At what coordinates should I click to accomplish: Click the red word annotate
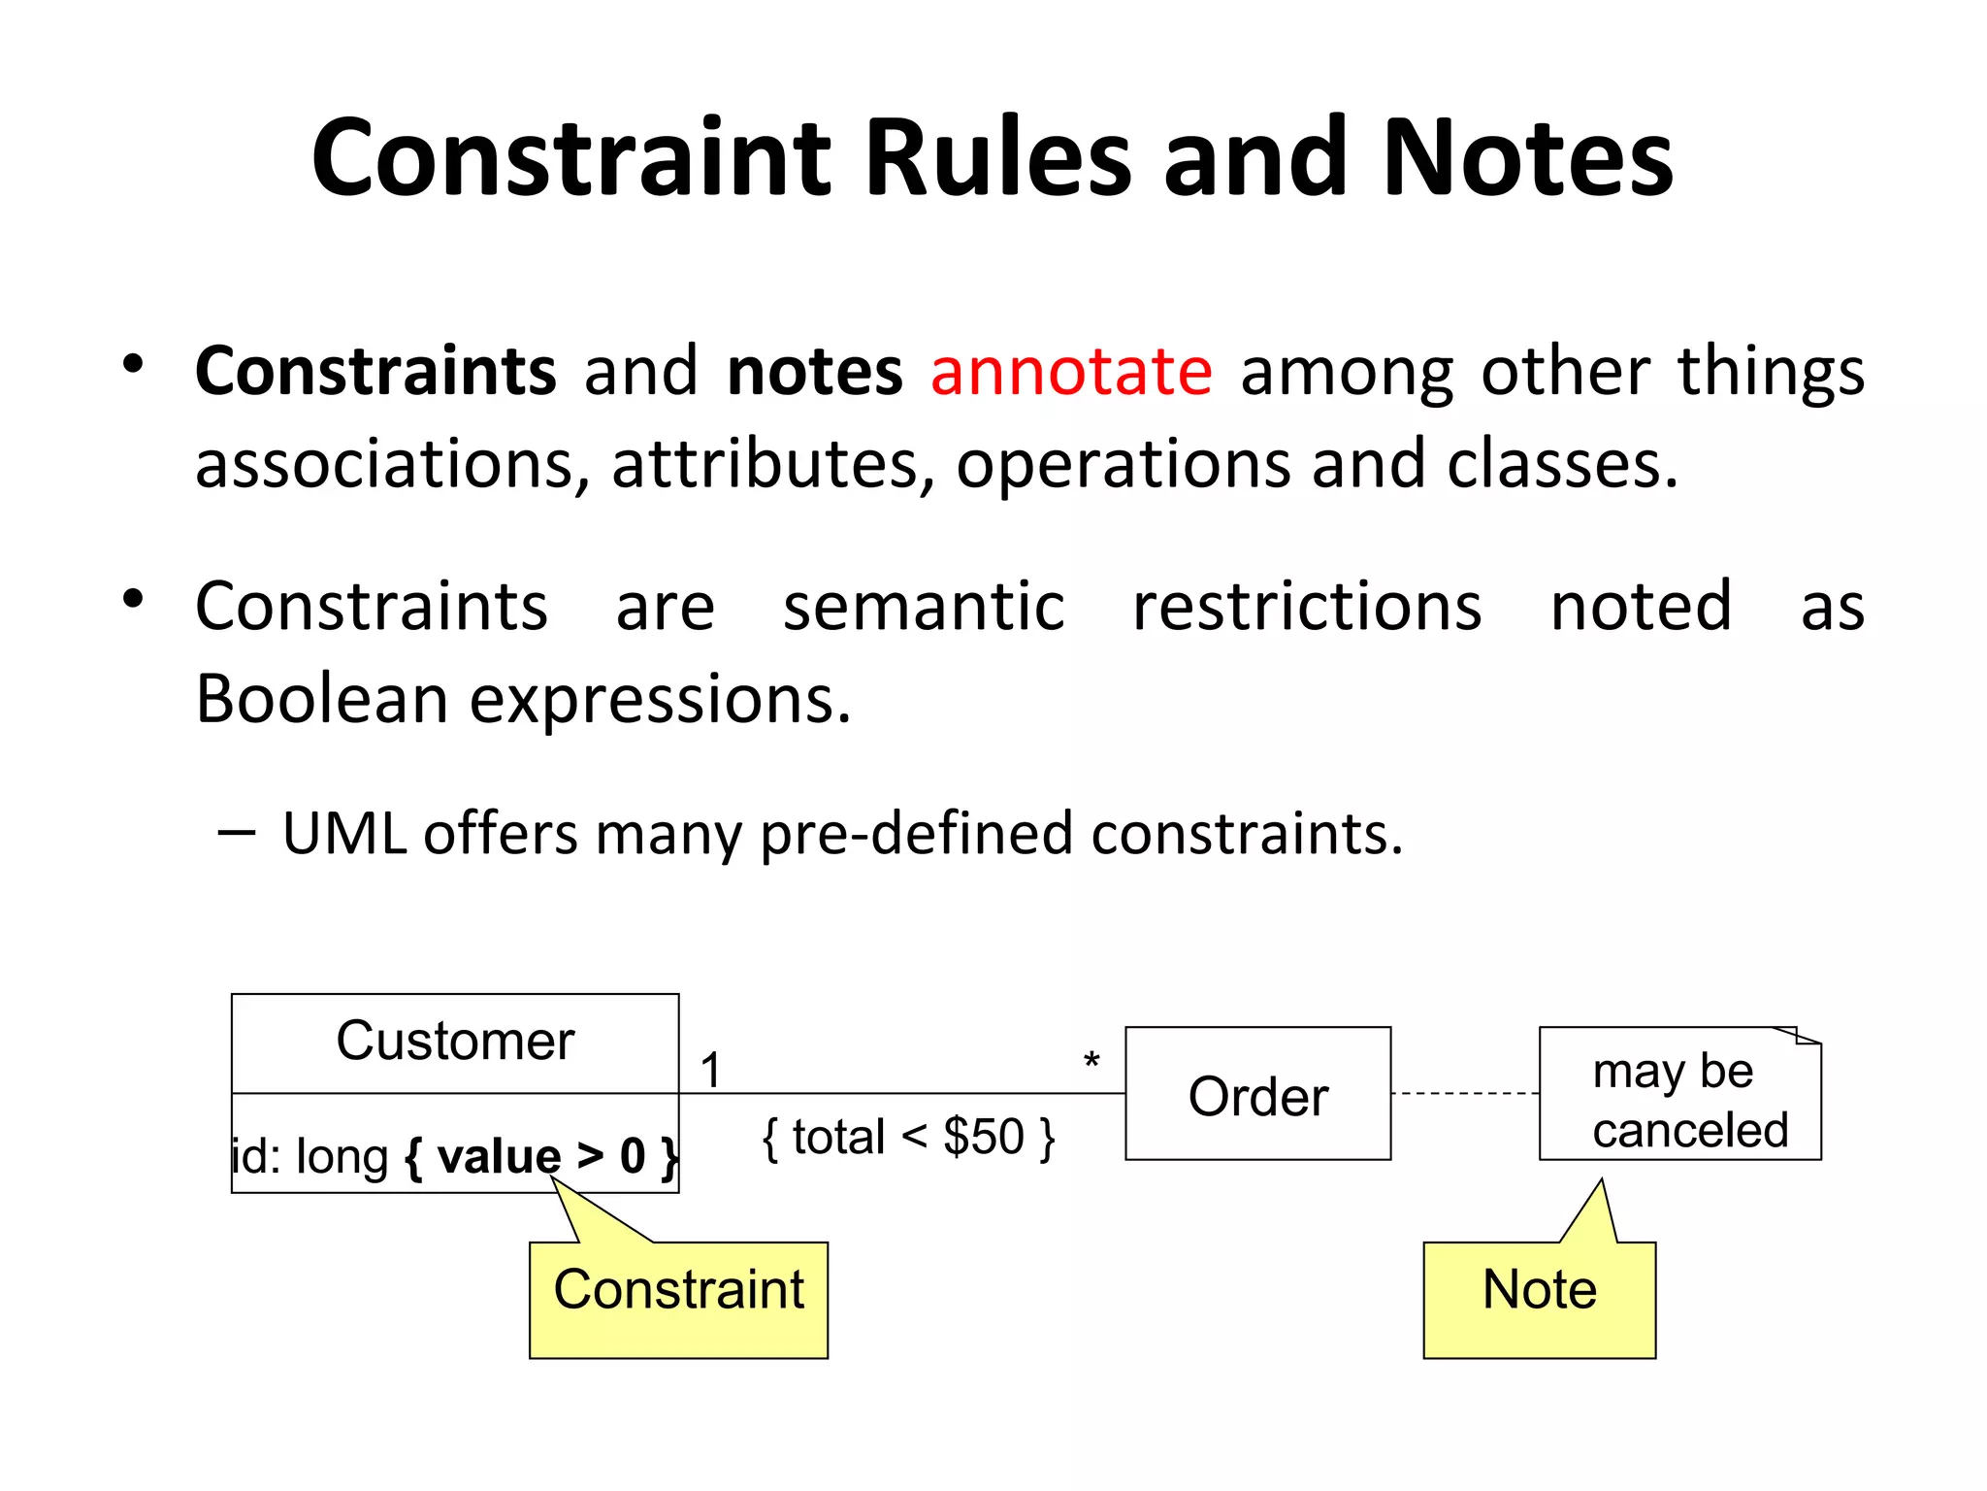click(1071, 372)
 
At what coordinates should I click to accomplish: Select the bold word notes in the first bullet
click(814, 372)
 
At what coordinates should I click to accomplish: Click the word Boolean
click(321, 699)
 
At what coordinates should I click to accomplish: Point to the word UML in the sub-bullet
click(343, 834)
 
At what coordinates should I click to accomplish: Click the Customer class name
click(455, 1042)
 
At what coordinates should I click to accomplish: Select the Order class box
click(1257, 1094)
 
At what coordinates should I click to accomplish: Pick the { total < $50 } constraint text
click(908, 1138)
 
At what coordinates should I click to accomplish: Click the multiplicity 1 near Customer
click(711, 1071)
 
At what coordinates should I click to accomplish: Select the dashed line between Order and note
click(1464, 1094)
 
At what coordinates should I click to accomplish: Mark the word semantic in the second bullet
click(924, 607)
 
